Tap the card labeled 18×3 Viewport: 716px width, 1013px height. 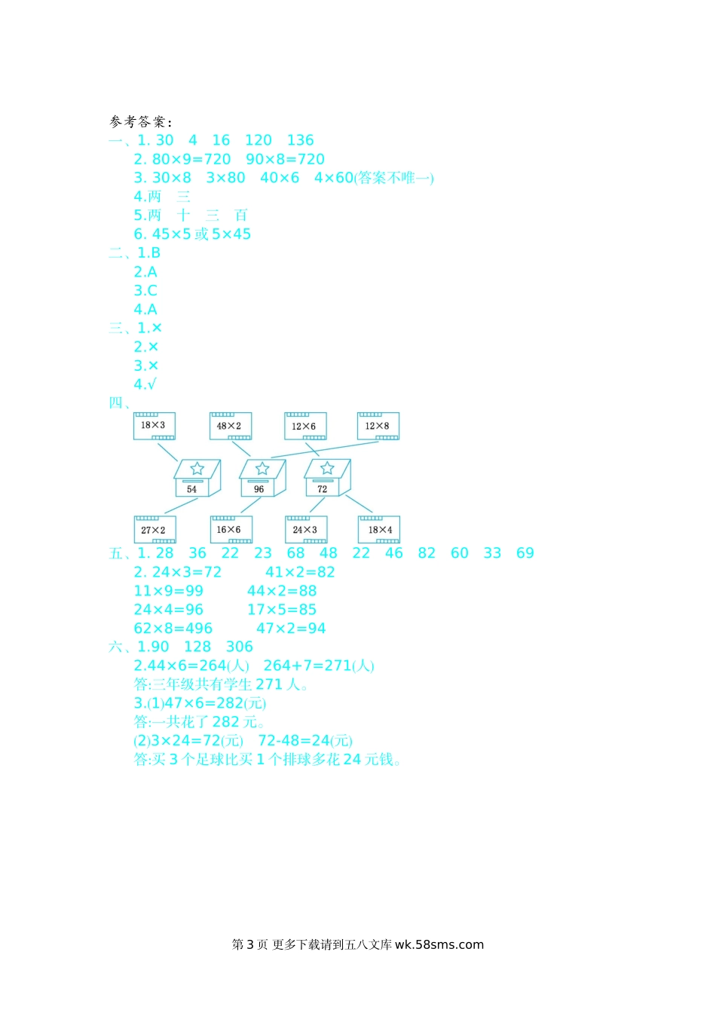(154, 426)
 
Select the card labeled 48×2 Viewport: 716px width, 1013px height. (230, 426)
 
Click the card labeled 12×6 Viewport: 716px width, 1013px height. (304, 426)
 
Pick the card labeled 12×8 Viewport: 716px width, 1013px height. (378, 426)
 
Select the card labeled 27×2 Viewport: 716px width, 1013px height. (155, 530)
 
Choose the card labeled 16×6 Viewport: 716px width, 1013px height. (231, 530)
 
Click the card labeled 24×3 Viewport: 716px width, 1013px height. (305, 530)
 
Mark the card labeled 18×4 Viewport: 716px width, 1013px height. (379, 530)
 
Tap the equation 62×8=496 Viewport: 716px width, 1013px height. (173, 629)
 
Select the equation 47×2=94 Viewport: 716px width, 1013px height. (291, 629)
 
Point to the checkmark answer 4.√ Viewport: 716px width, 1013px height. (145, 384)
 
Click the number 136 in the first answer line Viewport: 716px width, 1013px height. (300, 140)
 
